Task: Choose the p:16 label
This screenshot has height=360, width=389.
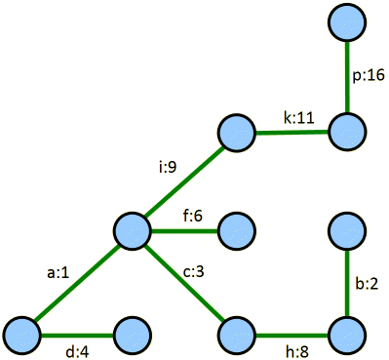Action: (369, 75)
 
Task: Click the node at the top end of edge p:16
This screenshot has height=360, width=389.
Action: (347, 22)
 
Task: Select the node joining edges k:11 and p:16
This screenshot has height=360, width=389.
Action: (347, 129)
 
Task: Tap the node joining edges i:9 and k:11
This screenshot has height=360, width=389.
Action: (236, 131)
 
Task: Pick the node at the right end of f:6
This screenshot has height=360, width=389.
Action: (236, 231)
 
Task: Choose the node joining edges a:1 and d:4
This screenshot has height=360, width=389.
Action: (23, 335)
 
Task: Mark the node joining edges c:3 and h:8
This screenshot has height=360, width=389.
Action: (236, 335)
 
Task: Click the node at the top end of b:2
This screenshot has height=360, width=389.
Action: (347, 231)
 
